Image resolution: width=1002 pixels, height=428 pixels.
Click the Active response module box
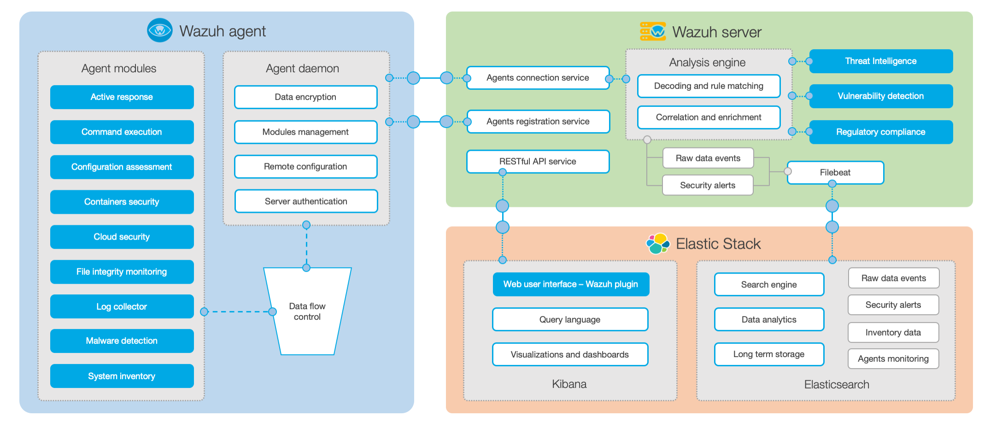tap(122, 97)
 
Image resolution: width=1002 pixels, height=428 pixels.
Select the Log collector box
tap(122, 306)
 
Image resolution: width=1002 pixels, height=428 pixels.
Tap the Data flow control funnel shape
tap(307, 311)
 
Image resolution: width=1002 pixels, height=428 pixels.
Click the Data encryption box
tap(305, 97)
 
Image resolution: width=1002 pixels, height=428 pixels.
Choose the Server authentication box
tap(306, 201)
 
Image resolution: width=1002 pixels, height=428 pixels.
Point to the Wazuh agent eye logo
tap(159, 30)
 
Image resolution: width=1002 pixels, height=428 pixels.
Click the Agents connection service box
tap(538, 78)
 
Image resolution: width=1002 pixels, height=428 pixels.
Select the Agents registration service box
tap(538, 122)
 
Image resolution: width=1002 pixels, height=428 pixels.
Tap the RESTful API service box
tap(538, 161)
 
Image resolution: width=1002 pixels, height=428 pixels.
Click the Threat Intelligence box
tap(880, 61)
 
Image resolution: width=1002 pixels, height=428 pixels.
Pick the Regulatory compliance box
tap(880, 132)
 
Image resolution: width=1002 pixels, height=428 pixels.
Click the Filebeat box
tap(835, 172)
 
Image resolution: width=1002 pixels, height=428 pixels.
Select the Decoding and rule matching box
tap(709, 86)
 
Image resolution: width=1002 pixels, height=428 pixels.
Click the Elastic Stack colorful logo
tap(657, 243)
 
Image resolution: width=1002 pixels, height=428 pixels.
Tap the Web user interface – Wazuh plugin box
tap(570, 284)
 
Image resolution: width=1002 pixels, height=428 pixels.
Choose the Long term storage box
tap(768, 354)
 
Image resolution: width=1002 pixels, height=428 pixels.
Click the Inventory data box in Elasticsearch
tap(893, 333)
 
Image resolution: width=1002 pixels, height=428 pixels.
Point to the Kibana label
tap(569, 384)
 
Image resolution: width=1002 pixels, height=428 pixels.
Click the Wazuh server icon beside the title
tap(652, 31)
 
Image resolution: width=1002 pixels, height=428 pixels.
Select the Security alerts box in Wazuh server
tap(707, 185)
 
